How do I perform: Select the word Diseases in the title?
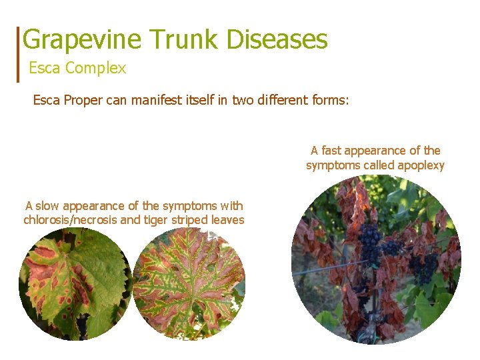pyautogui.click(x=277, y=40)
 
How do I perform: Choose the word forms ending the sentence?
pyautogui.click(x=329, y=101)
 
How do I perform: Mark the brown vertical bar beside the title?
pyautogui.click(x=18, y=53)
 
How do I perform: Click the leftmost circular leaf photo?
pyautogui.click(x=73, y=284)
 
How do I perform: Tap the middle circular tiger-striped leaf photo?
pyautogui.click(x=189, y=284)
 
